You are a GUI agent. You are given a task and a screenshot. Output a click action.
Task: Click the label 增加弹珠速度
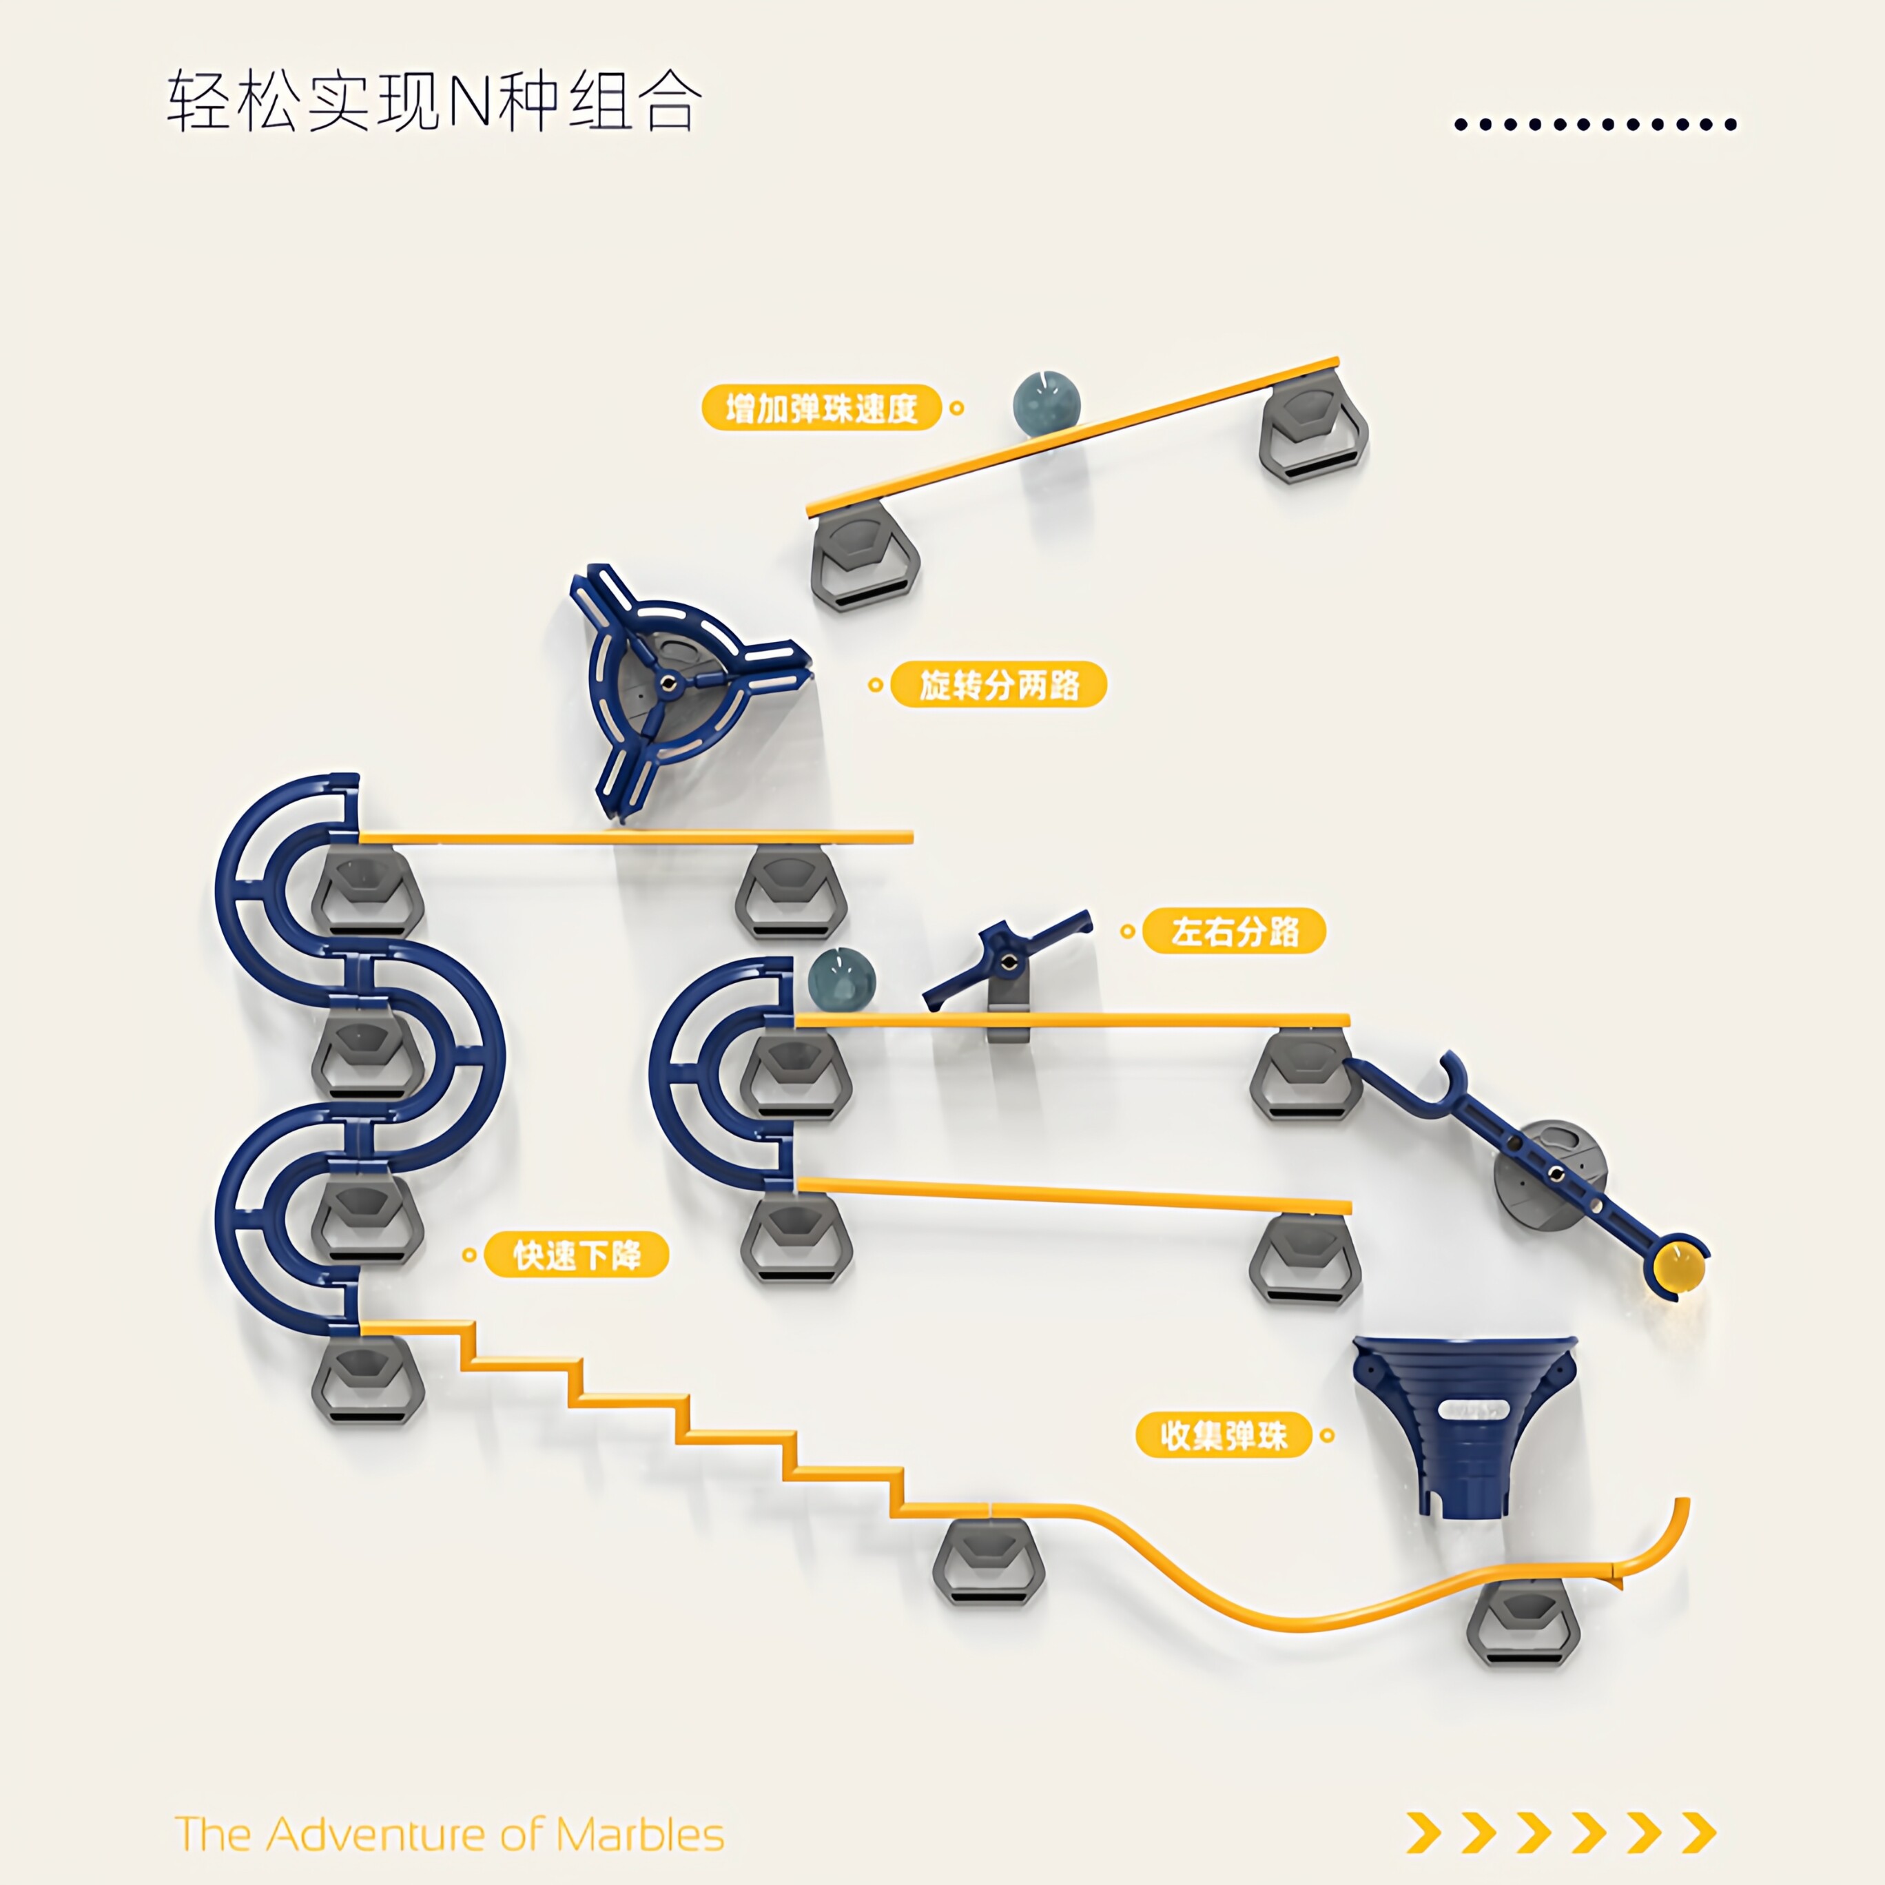[821, 408]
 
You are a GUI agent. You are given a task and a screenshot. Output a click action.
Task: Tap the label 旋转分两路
[999, 684]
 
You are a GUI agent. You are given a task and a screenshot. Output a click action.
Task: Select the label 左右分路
[1234, 931]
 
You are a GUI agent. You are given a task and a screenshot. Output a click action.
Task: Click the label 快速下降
[577, 1255]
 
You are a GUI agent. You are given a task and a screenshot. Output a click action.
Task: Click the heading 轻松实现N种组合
[434, 101]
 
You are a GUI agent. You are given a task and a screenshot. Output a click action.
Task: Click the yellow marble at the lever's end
[1678, 1268]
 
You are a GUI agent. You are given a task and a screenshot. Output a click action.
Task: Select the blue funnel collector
[1463, 1426]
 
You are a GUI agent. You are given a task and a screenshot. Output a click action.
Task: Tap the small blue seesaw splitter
[1007, 961]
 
